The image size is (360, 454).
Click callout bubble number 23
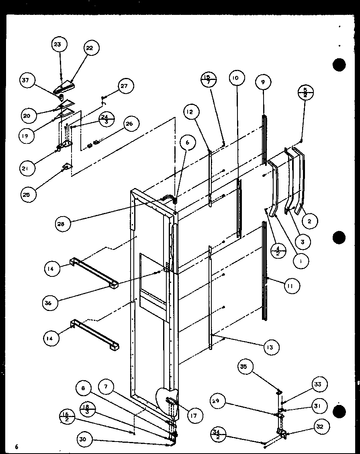tap(57, 45)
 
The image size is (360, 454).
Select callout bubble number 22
tap(89, 48)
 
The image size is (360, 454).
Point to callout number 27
tap(124, 86)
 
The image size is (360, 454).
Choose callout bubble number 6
tap(188, 142)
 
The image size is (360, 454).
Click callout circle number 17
tap(194, 416)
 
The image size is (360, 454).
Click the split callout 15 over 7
tap(208, 79)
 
